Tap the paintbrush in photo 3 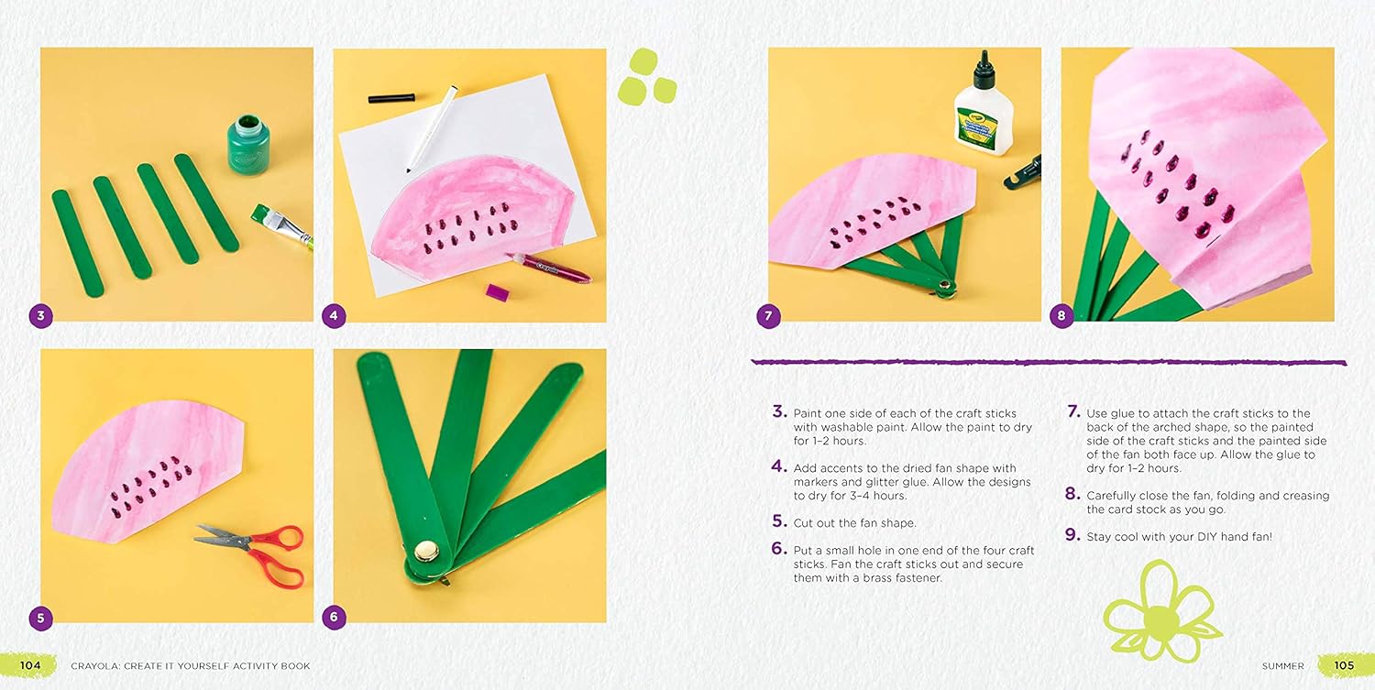click(x=281, y=226)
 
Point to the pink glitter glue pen click(x=547, y=268)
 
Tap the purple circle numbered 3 click(x=41, y=315)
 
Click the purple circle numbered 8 click(x=1061, y=316)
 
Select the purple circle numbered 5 click(x=41, y=618)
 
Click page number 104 click(x=30, y=665)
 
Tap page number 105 click(x=1344, y=665)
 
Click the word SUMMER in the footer click(x=1282, y=666)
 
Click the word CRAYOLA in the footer click(x=93, y=666)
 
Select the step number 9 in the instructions click(x=1072, y=535)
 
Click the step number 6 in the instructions click(x=779, y=548)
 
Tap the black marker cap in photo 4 click(x=391, y=98)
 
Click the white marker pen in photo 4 click(x=432, y=129)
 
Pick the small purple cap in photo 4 click(x=497, y=292)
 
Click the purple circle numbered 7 click(x=768, y=316)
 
